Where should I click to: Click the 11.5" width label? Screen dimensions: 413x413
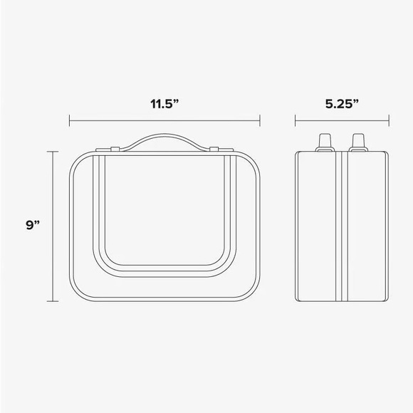point(164,103)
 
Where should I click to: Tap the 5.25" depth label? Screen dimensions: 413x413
point(341,103)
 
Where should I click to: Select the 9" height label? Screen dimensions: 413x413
point(32,225)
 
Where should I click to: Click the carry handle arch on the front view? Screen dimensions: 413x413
point(164,137)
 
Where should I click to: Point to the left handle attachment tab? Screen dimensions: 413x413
point(114,149)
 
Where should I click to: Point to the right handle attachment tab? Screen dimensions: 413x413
point(213,149)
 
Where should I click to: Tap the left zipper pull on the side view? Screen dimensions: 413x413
point(325,141)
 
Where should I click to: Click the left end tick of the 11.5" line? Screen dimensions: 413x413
point(70,121)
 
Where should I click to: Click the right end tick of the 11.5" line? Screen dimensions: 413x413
point(259,121)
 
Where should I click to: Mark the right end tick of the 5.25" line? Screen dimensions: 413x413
point(389,121)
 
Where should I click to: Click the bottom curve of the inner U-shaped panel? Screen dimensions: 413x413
point(164,271)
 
